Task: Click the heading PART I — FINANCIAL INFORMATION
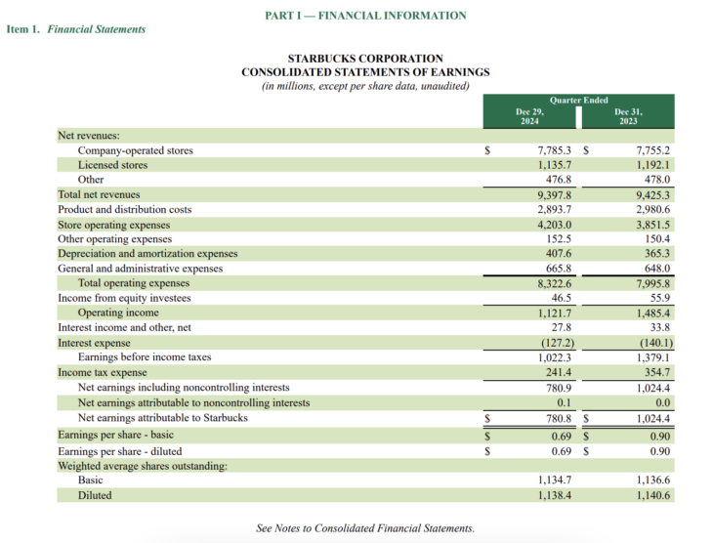point(365,16)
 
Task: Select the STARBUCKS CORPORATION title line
point(365,59)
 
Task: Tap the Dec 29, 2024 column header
point(529,116)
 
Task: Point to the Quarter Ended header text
point(578,100)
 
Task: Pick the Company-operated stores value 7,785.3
point(555,151)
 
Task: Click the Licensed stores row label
point(112,166)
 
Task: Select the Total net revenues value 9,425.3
point(652,195)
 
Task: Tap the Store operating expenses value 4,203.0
point(555,225)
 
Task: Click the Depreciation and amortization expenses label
point(147,254)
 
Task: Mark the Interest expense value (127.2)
point(554,343)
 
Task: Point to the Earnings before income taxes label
point(145,357)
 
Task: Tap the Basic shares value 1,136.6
point(652,480)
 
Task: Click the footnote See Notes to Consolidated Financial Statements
point(365,528)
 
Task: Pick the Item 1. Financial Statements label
point(76,29)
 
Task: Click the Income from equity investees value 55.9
point(659,298)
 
